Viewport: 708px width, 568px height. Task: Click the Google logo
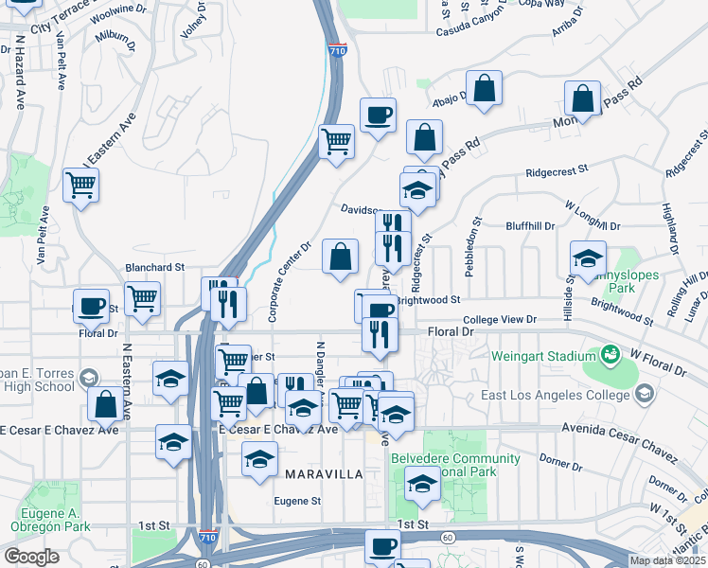[x=31, y=557]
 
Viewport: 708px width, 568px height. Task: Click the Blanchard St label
[x=154, y=269]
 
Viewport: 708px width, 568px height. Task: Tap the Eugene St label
[x=298, y=501]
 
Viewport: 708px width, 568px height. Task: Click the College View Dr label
[x=500, y=320]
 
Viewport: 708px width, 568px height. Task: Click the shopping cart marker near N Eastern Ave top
[x=81, y=183]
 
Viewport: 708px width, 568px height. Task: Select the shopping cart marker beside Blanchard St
[x=142, y=297]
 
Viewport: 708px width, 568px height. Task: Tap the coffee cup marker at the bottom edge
[x=383, y=545]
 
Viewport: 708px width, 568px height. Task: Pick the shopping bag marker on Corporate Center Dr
[x=340, y=255]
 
